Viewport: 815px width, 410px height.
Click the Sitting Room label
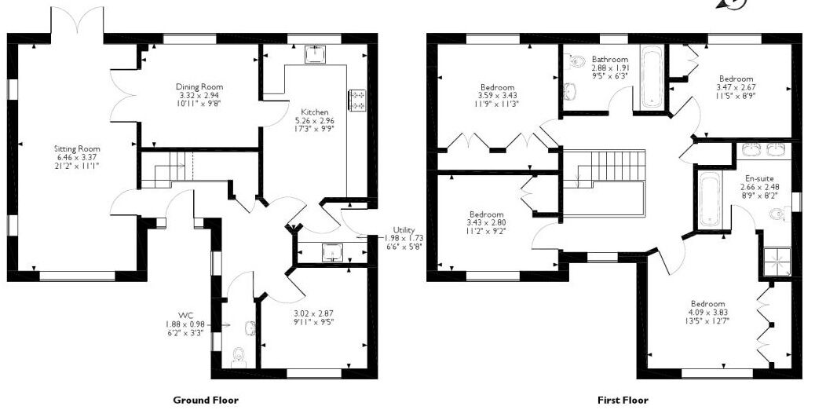coord(78,149)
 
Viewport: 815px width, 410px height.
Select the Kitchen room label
coord(315,112)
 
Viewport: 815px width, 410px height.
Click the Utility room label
coord(404,229)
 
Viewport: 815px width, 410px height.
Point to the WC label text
coord(186,316)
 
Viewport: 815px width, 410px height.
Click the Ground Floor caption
coord(206,400)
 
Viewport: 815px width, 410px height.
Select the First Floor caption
coord(623,400)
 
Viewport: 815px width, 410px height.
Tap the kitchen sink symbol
coord(315,53)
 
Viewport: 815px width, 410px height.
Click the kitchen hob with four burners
coord(358,100)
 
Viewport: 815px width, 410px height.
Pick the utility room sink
coord(331,252)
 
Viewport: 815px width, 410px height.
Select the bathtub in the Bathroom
coord(650,79)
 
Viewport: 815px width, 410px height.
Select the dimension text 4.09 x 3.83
coord(707,313)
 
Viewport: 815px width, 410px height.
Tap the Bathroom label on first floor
coord(610,60)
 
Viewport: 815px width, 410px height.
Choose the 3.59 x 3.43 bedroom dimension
coord(497,96)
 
